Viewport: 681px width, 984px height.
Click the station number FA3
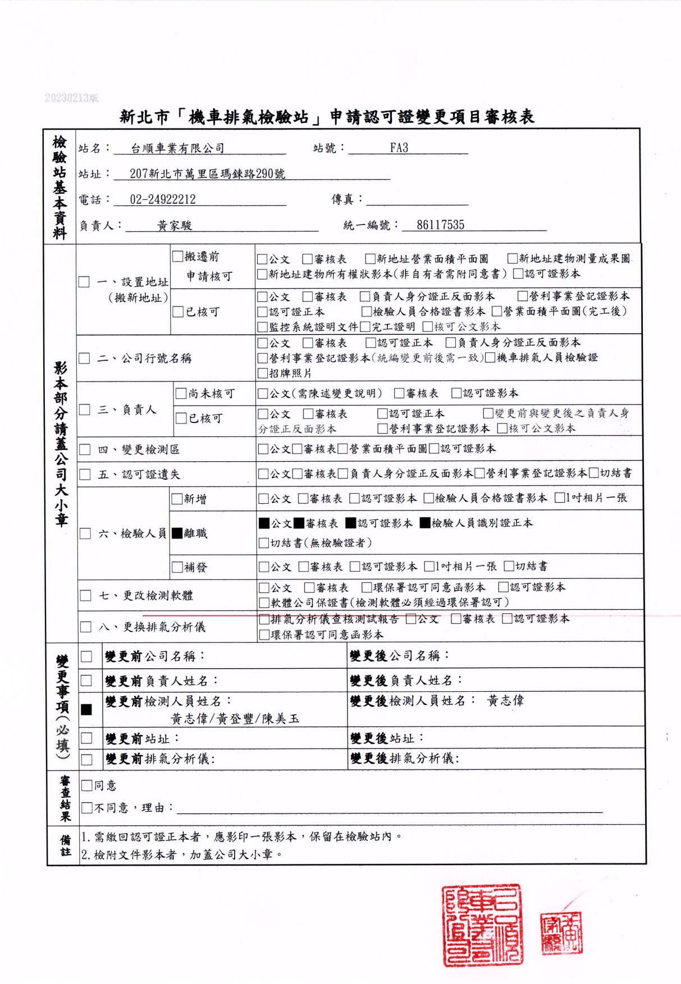point(399,148)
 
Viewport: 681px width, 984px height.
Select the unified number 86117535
point(440,225)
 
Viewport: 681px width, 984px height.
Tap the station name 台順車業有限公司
point(177,149)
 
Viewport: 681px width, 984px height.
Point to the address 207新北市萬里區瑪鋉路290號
point(207,174)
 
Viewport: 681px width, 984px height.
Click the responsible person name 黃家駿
point(175,226)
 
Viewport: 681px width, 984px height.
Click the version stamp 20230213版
point(71,98)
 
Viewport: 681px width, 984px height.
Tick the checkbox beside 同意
point(86,785)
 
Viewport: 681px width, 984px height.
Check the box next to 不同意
point(86,808)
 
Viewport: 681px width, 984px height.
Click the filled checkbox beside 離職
point(177,533)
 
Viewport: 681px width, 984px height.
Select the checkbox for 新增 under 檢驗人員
point(177,499)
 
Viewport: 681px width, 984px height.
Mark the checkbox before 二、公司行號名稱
point(84,358)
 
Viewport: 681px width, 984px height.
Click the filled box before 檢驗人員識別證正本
point(425,523)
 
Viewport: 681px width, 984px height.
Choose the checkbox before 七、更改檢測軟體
point(85,595)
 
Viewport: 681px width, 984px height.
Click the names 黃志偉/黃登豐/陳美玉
point(235,719)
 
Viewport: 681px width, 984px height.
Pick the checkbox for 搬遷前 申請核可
point(177,257)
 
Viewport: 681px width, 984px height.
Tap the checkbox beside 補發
point(177,567)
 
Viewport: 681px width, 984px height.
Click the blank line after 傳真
point(417,200)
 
